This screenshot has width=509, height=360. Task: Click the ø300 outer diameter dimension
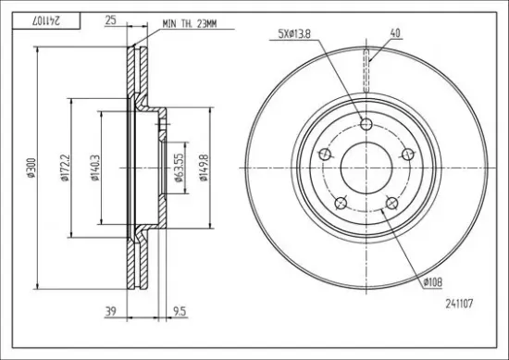[31, 168]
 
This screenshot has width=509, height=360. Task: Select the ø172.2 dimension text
[64, 168]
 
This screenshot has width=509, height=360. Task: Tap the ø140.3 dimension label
[94, 168]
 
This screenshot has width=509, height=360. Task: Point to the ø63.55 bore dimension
[179, 168]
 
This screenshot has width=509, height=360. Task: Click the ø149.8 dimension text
[204, 168]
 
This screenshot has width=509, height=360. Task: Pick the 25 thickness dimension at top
[110, 20]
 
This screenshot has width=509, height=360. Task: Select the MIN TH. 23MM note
[189, 24]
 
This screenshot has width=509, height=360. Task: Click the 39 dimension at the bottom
[110, 312]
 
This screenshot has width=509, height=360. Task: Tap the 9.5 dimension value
[180, 312]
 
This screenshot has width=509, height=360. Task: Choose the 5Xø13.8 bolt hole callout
[294, 34]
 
